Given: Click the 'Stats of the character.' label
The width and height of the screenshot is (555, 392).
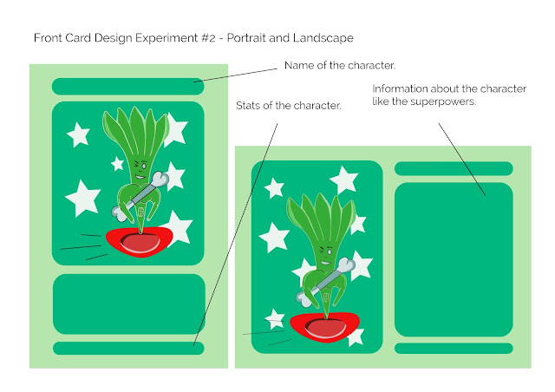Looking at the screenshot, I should point(288,106).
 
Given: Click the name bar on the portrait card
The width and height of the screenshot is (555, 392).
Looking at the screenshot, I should point(127,86).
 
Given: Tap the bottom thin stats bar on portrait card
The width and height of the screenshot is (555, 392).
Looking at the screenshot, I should point(127,348).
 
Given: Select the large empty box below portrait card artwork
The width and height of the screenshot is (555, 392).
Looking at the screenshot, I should point(127,304).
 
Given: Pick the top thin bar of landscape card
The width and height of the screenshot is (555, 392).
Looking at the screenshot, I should point(453,168).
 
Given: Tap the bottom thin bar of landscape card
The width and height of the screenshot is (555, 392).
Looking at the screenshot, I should point(453,349).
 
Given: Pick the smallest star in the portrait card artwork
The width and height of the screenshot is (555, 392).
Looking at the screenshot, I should point(118,163).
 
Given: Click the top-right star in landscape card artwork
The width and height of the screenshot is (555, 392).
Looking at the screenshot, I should point(343,180).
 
